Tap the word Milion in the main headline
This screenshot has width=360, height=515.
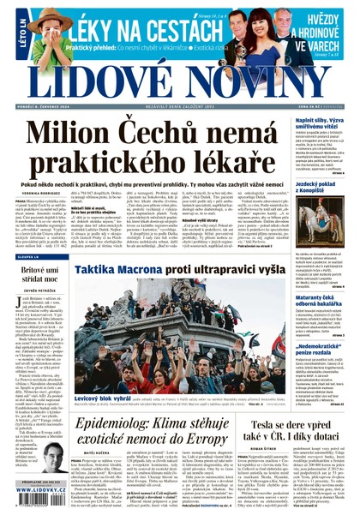[x=78, y=136]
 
